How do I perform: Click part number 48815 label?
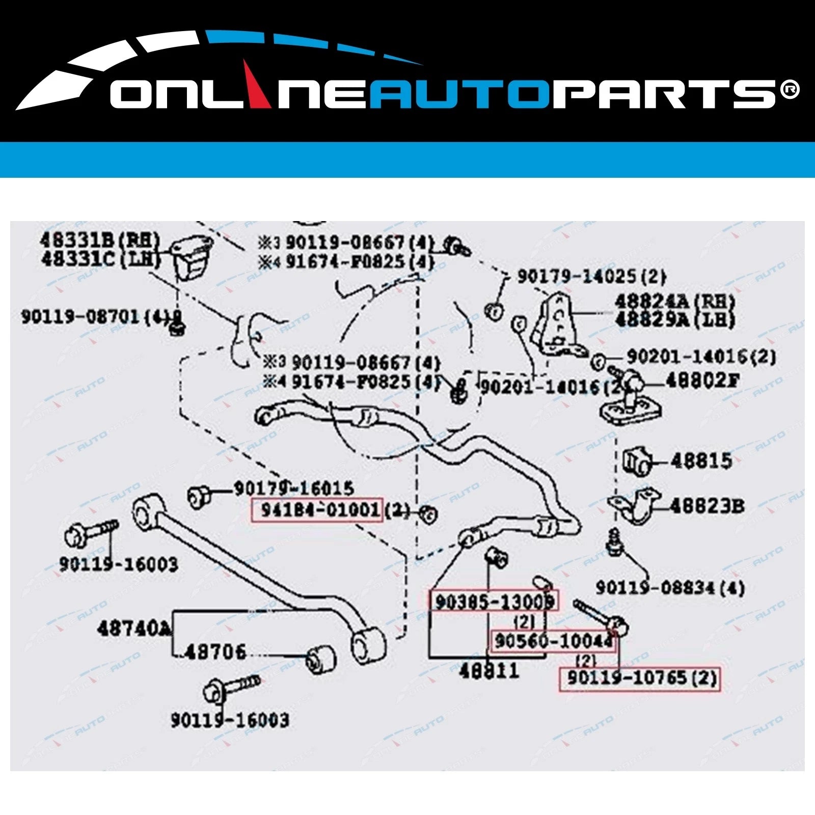click(701, 461)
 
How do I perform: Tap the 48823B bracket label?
click(707, 506)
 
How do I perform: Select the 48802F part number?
click(702, 381)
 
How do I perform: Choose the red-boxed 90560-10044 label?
click(553, 641)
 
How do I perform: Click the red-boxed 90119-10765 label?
click(640, 678)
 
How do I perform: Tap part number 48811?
click(488, 671)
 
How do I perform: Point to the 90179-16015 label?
click(293, 488)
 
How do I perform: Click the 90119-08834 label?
click(670, 588)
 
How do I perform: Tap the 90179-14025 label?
click(591, 277)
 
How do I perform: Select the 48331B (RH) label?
click(100, 240)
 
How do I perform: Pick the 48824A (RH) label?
click(675, 302)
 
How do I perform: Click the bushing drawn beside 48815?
click(637, 461)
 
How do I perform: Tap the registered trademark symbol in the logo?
click(790, 90)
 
